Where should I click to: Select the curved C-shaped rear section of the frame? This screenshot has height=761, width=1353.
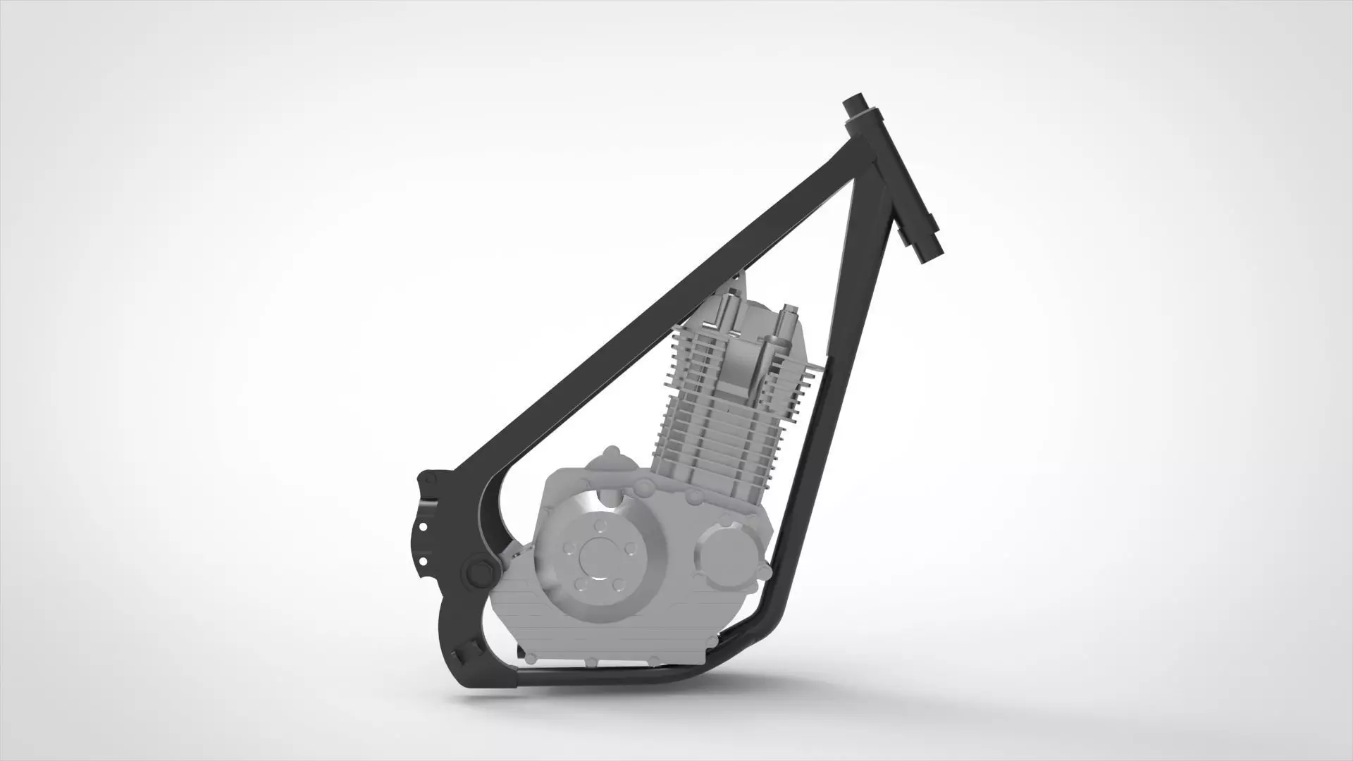coord(451,620)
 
